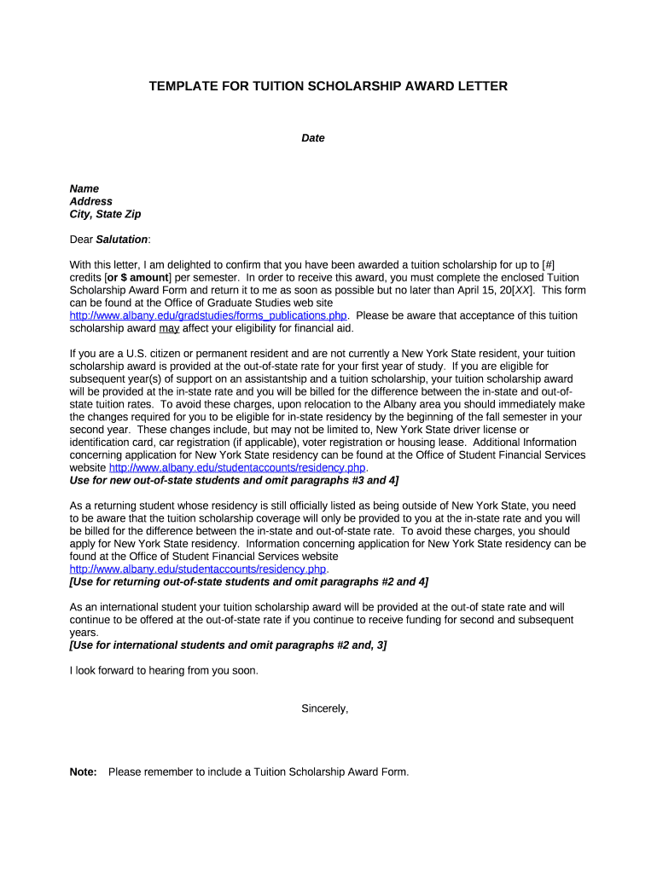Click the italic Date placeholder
[313, 137]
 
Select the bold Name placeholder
[84, 188]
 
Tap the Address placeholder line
[90, 201]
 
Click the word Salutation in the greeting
[122, 240]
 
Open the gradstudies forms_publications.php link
[207, 315]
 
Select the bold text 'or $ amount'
[137, 278]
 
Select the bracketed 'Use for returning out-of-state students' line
[248, 581]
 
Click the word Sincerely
[325, 708]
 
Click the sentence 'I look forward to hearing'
[163, 670]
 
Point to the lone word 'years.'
[84, 633]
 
